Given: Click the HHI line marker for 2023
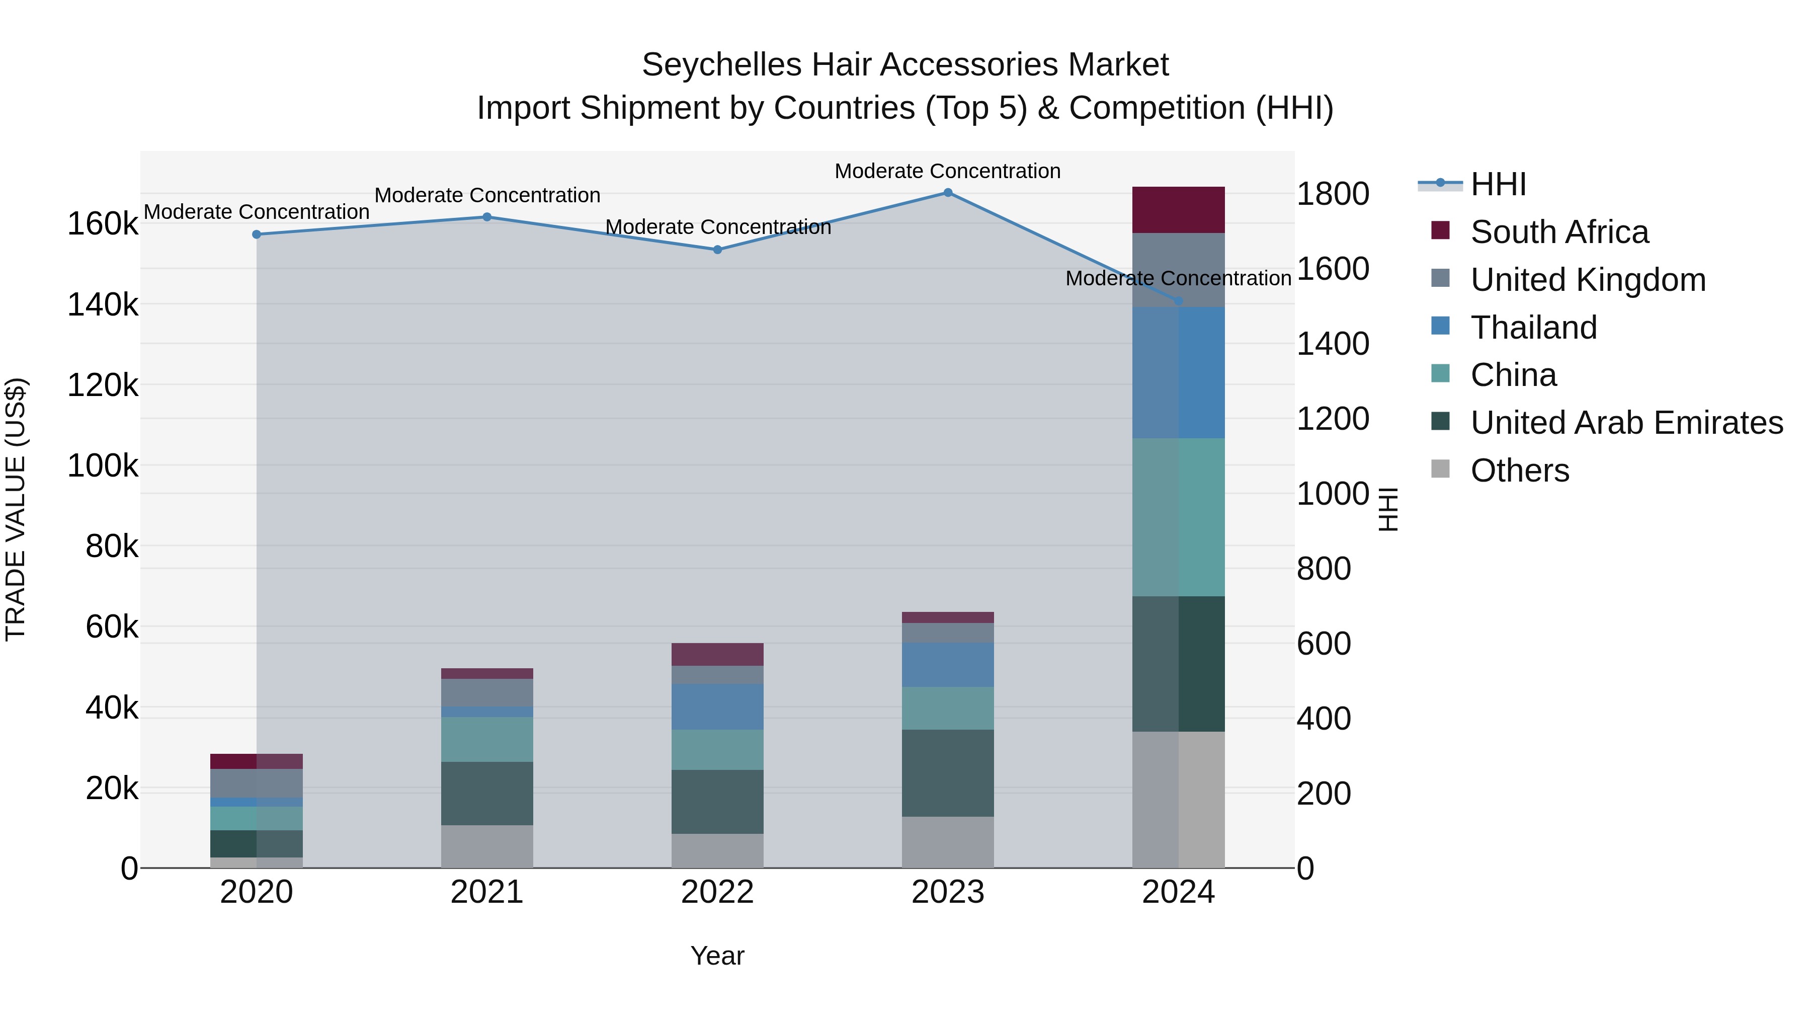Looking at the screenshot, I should tap(948, 193).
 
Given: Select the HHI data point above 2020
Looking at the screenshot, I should tap(257, 234).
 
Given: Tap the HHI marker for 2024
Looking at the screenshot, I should tap(1178, 301).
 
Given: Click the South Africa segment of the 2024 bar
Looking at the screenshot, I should tap(1178, 209).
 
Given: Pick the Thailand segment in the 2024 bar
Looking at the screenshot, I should tap(1178, 373).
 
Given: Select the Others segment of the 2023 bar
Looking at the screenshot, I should tap(948, 842).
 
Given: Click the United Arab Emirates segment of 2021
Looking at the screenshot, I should tap(486, 793).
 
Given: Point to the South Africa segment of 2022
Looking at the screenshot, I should tap(717, 654).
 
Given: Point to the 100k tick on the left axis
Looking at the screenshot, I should tap(103, 465).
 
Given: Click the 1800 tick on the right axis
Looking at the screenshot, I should tap(1332, 194).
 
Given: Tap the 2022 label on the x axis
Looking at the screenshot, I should tap(717, 892).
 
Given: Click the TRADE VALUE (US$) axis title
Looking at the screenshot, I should tap(16, 509).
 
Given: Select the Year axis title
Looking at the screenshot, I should tap(717, 956).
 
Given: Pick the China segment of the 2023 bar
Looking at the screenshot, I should tap(948, 708).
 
